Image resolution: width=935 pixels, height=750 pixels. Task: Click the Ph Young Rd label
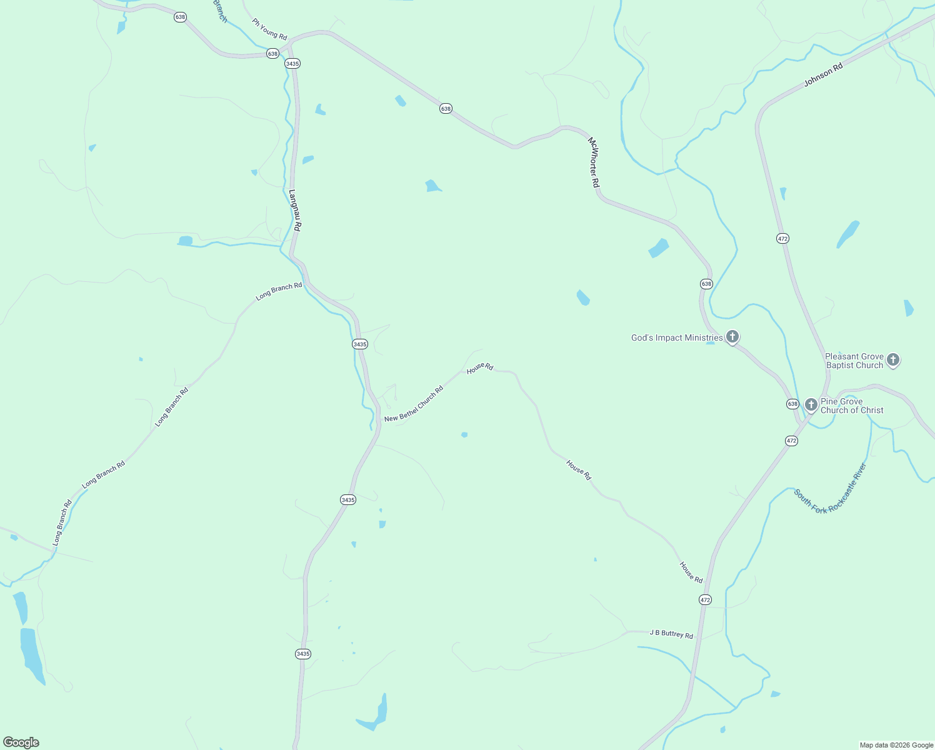coord(269,29)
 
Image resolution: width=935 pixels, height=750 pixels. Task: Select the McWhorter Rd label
coord(593,162)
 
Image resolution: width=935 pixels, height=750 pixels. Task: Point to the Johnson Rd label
coord(823,74)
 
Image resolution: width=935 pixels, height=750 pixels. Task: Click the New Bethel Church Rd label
coord(414,404)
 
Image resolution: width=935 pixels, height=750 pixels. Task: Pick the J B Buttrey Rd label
coord(671,634)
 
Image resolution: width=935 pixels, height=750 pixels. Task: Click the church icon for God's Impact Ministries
coord(732,337)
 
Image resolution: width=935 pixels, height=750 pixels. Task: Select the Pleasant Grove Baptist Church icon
coord(893,359)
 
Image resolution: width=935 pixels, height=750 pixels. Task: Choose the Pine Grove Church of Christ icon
coord(811,404)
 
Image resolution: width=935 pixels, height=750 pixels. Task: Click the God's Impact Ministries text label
coord(677,337)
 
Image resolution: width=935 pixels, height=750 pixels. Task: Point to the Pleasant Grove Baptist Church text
coord(854,361)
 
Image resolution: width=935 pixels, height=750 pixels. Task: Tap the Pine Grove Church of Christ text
coord(852,406)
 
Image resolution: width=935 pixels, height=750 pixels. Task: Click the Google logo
coord(21,742)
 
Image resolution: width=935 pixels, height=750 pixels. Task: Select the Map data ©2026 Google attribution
coord(896,745)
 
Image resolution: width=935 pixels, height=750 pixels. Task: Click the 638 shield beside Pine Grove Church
coord(792,404)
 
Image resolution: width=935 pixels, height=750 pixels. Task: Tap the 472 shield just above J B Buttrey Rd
coord(705,600)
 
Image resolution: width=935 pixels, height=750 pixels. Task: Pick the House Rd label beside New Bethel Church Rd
coord(480,367)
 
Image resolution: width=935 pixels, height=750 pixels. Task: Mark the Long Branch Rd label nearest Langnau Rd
coord(279,291)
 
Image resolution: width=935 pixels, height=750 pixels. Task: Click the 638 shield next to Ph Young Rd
coord(272,54)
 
